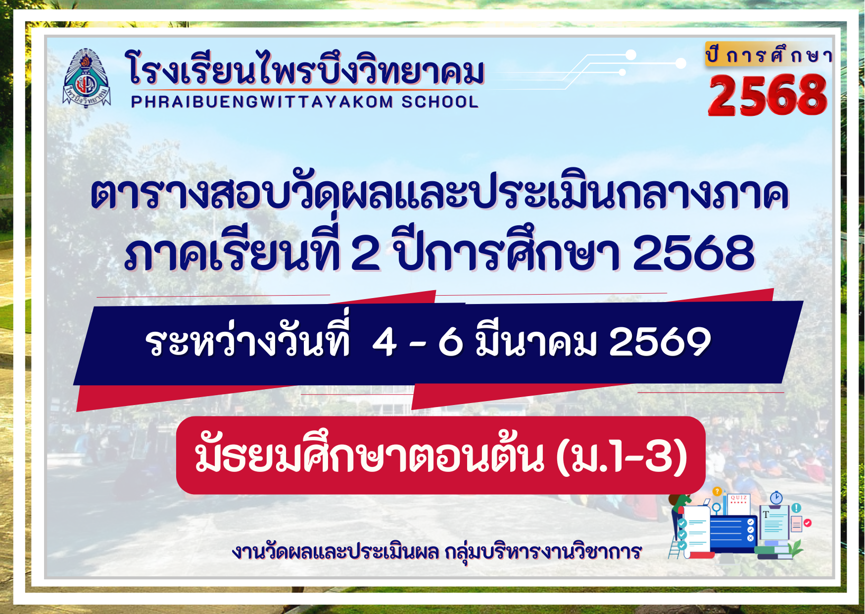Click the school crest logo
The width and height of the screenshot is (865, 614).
(x=87, y=78)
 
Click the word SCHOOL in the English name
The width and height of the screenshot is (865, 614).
(x=440, y=102)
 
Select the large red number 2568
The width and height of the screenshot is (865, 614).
(x=768, y=95)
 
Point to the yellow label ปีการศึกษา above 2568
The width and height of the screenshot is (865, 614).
(x=769, y=54)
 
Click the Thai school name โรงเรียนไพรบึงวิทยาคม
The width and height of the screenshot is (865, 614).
(x=305, y=68)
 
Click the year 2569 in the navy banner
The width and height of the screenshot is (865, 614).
(x=660, y=342)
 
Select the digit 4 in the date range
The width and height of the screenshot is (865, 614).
(x=384, y=342)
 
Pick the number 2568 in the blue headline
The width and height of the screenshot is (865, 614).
(x=694, y=253)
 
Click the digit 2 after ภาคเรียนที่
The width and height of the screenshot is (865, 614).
(x=366, y=253)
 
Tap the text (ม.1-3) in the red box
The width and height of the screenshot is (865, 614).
(x=622, y=456)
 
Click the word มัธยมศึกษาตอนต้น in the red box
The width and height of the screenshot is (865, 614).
(x=370, y=453)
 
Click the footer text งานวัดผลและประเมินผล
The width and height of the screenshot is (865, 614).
(x=335, y=552)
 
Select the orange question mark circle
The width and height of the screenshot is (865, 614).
(x=717, y=492)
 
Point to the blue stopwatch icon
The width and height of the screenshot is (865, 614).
(x=776, y=498)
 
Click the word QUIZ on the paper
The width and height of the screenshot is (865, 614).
(x=738, y=498)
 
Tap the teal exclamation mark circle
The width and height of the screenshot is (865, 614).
(x=796, y=508)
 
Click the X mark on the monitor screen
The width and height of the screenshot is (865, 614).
(x=750, y=538)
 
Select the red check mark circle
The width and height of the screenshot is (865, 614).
(x=808, y=523)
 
